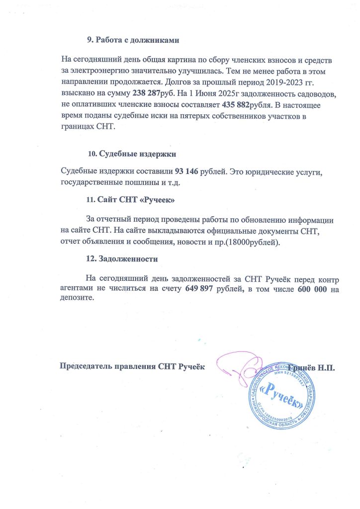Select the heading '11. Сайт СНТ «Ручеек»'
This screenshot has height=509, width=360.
(130, 200)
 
